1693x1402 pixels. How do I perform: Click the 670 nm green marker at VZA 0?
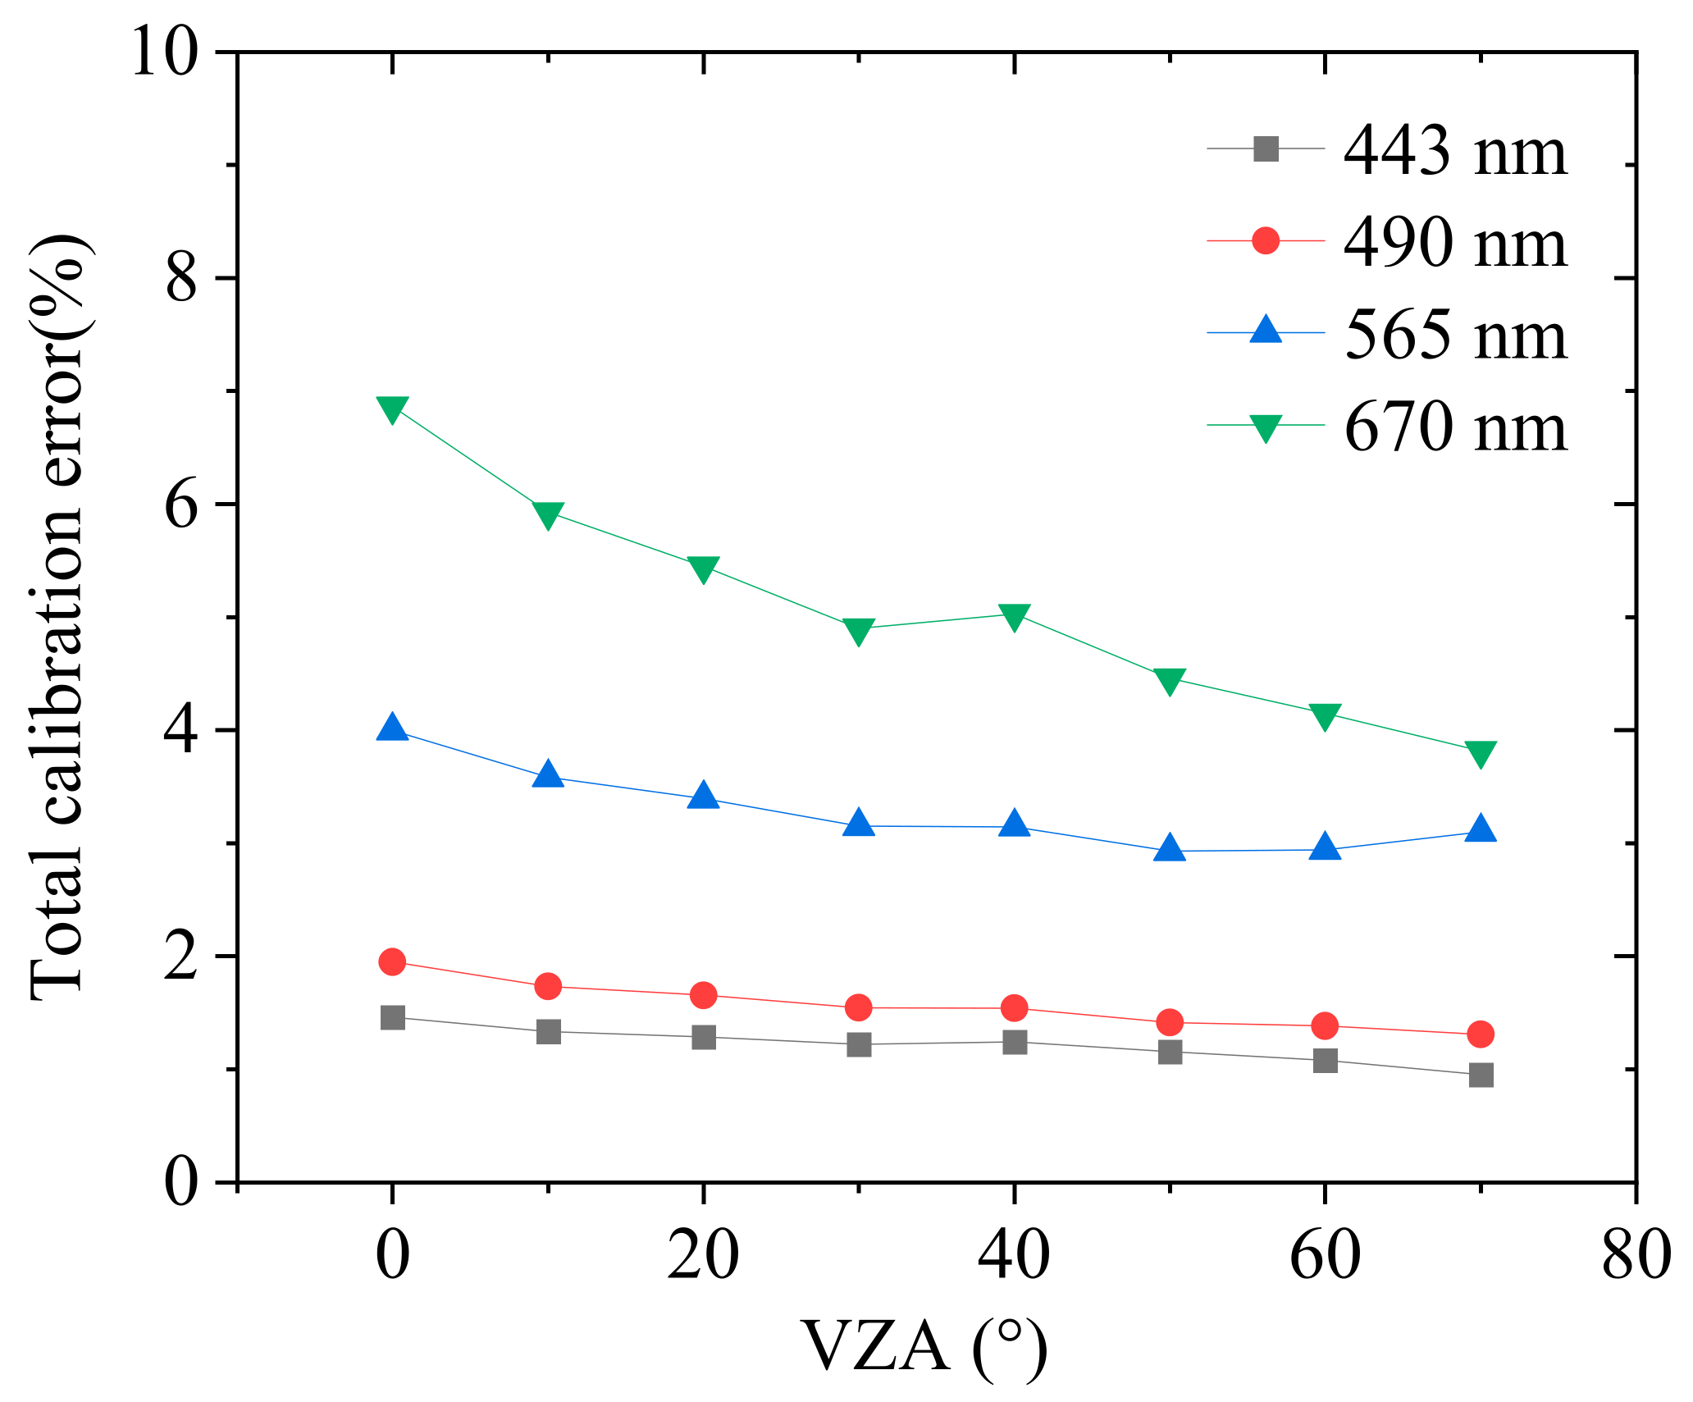click(393, 408)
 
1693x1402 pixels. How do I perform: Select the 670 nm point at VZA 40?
click(1015, 616)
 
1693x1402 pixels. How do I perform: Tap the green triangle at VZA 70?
click(1481, 752)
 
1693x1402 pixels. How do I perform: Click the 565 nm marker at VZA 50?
click(1170, 849)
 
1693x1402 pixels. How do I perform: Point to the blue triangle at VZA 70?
click(1481, 829)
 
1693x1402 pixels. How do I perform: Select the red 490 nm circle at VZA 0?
click(393, 961)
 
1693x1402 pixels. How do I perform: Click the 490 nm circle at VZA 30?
click(859, 1007)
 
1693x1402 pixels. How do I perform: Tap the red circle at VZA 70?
click(1481, 1034)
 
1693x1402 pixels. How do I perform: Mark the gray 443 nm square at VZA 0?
click(393, 1018)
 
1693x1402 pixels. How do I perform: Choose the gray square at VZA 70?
click(1481, 1075)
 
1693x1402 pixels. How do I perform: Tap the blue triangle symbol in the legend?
click(1266, 331)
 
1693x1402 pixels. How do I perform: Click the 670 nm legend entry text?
click(1455, 427)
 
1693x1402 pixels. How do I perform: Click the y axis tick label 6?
click(182, 505)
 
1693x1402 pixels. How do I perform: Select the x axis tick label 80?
click(1636, 1256)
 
